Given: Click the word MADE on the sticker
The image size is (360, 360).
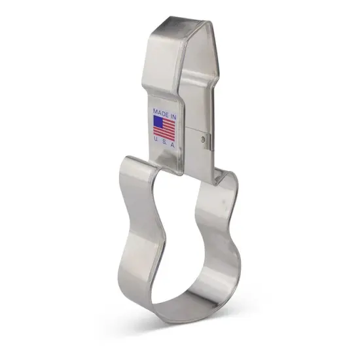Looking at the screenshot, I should (160, 111).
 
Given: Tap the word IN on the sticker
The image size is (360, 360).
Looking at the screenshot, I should (172, 111).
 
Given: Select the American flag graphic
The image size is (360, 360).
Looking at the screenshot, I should (164, 127).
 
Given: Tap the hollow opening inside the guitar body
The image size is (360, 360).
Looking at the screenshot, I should (187, 242).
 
